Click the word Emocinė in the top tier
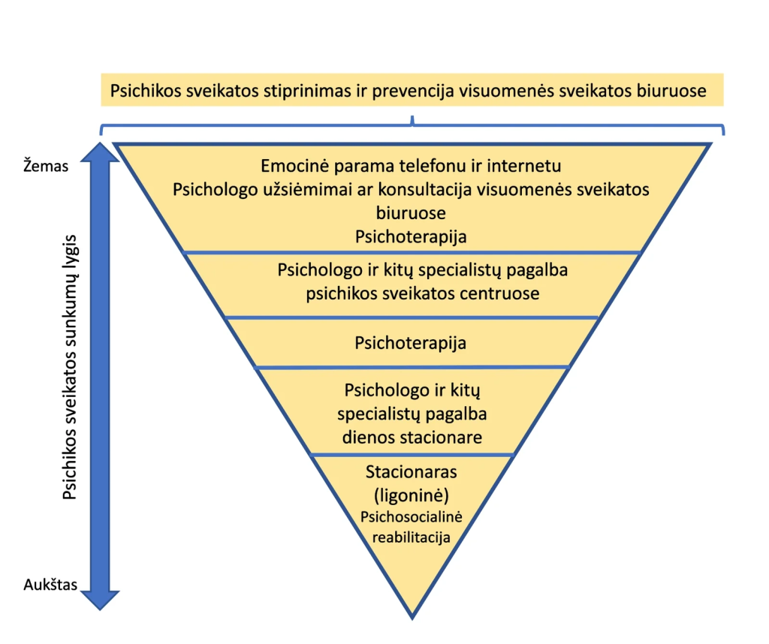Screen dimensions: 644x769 292,165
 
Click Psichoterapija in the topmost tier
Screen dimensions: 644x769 411,236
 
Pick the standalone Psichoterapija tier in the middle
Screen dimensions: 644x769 410,343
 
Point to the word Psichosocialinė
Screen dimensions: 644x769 411,517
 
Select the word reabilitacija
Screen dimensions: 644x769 411,537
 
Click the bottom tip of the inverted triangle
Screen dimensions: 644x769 412,616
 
